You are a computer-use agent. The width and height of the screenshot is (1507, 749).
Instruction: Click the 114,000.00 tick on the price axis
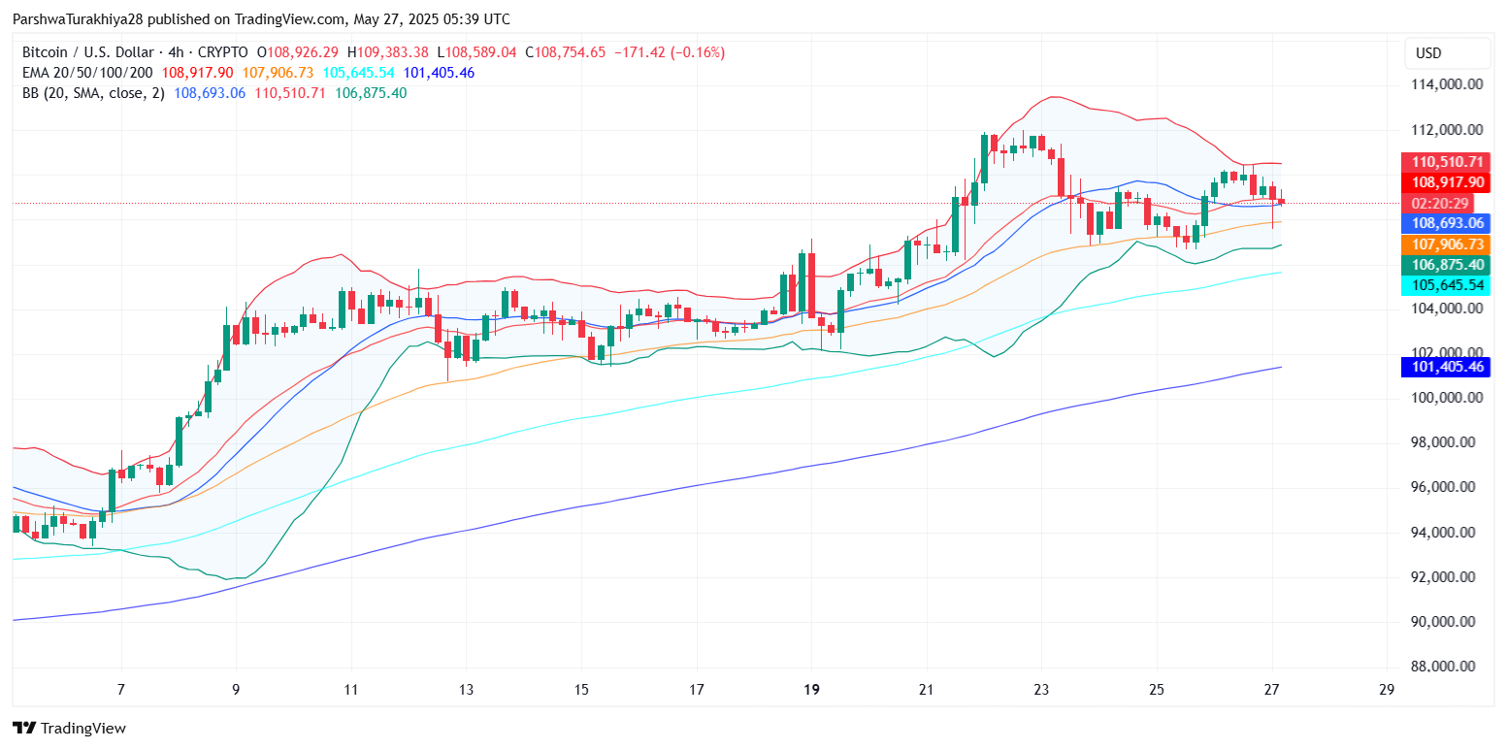click(1447, 84)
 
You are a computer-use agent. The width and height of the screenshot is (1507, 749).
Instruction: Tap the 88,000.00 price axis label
click(1447, 667)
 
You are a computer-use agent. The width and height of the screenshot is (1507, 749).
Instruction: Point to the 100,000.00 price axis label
click(1447, 398)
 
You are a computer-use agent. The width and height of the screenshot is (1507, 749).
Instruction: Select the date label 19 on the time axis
click(812, 691)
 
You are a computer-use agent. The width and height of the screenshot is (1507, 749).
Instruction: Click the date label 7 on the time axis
click(121, 691)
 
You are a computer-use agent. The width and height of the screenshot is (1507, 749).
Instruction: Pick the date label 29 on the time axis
click(1387, 691)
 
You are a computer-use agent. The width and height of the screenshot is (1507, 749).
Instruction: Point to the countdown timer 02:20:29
click(1441, 203)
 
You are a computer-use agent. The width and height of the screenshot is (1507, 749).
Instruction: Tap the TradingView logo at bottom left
click(69, 729)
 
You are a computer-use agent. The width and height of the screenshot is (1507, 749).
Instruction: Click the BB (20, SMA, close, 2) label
click(93, 93)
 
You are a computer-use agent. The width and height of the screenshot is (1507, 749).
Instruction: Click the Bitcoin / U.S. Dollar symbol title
click(88, 52)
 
